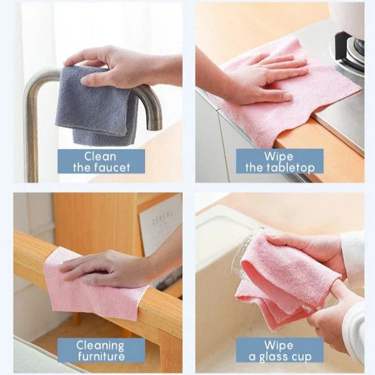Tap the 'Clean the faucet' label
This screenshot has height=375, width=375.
[x=101, y=161]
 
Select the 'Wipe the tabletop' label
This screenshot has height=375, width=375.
[x=279, y=161]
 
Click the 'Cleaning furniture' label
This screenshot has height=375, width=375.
[x=101, y=350]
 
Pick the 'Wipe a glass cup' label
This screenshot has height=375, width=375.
[x=279, y=350]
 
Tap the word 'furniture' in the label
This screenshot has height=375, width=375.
[x=101, y=356]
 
